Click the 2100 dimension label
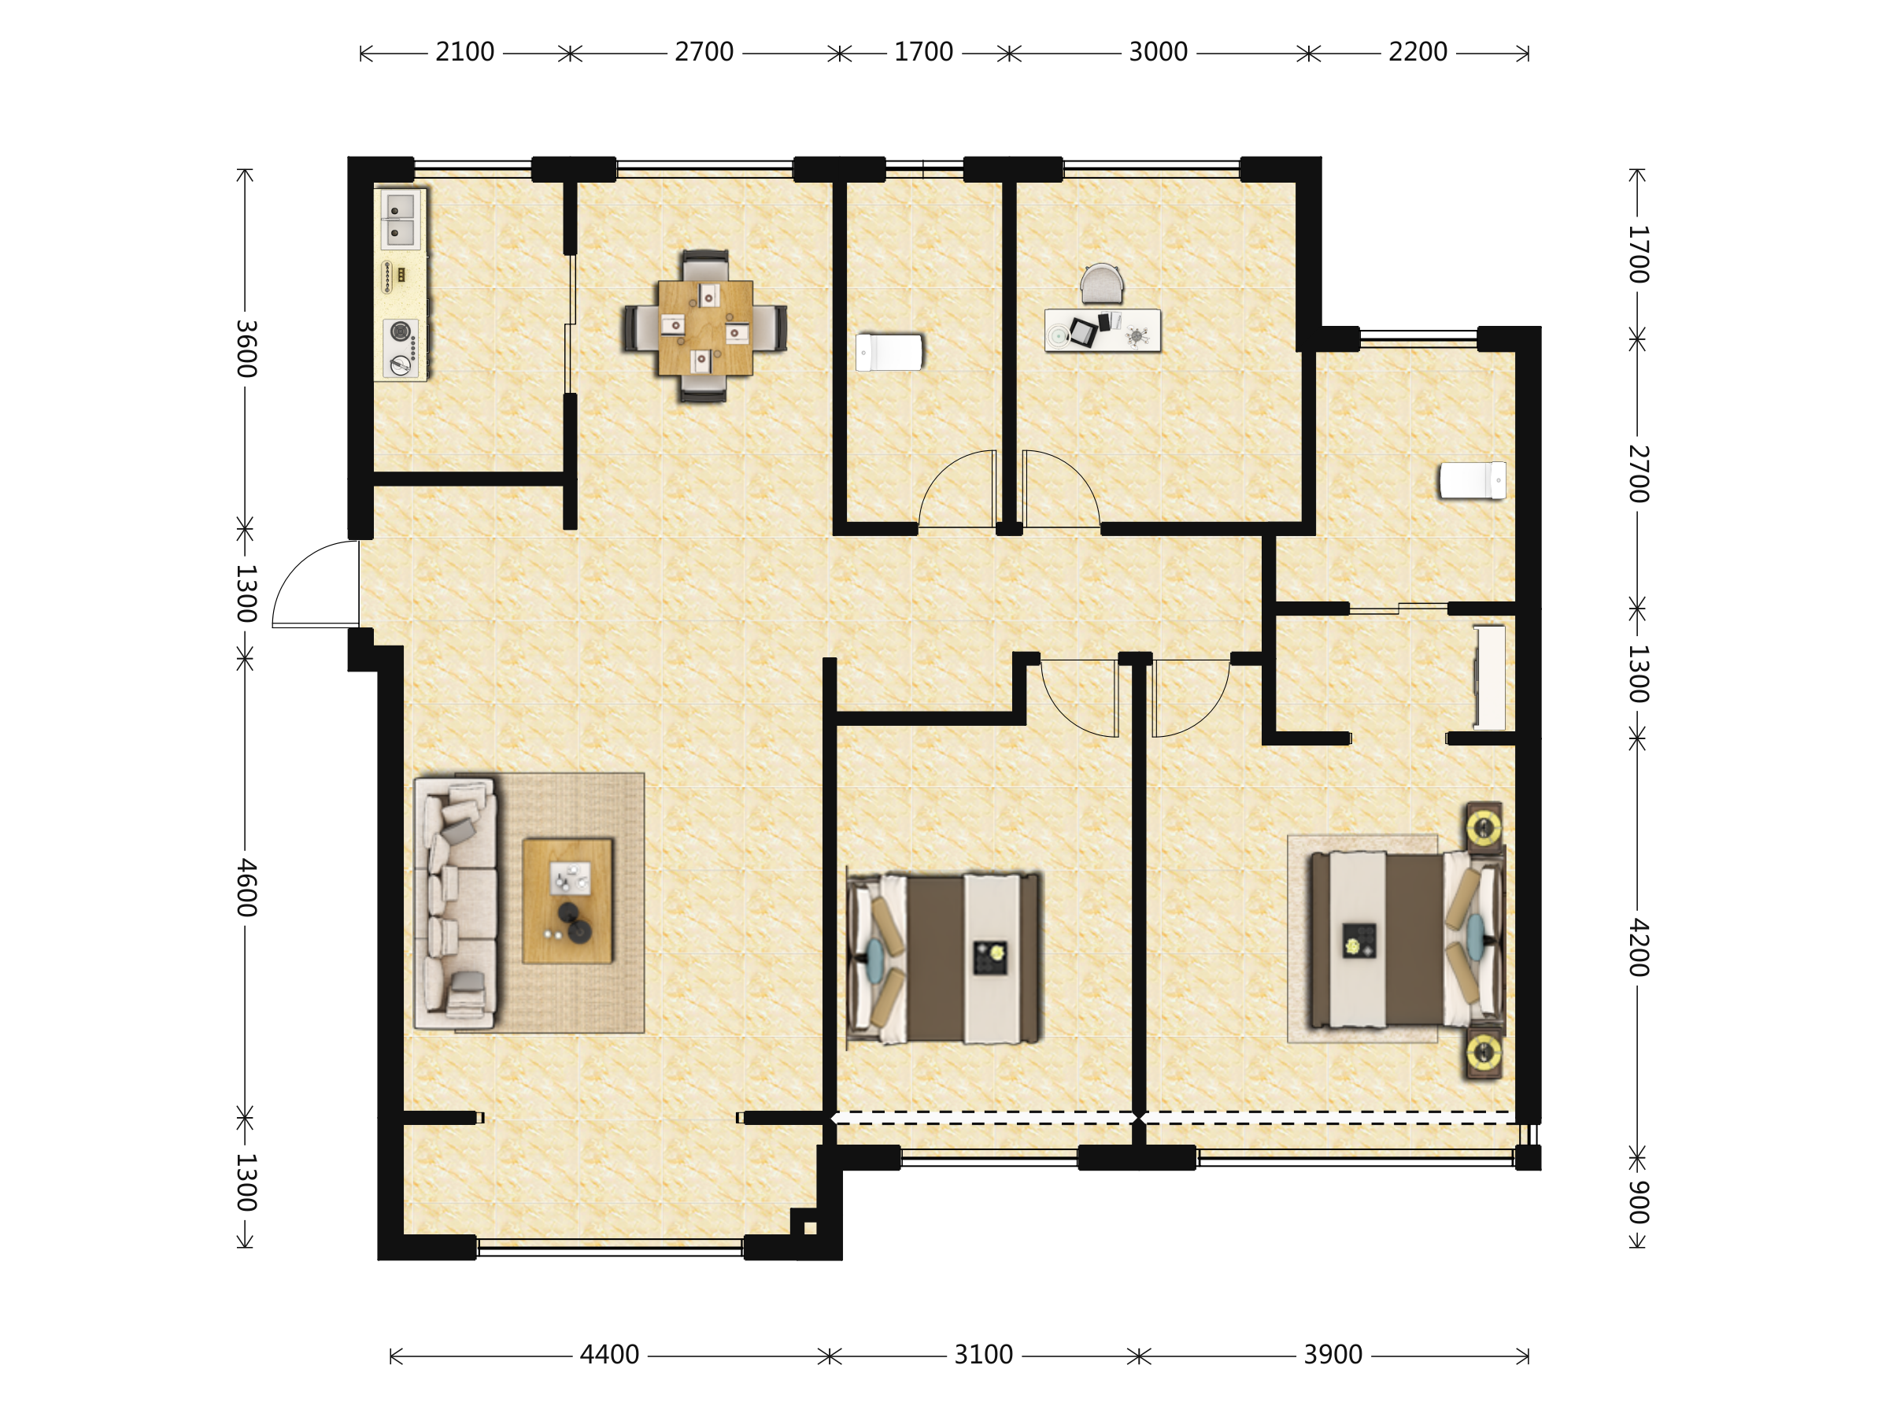tap(464, 52)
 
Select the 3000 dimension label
tap(1158, 52)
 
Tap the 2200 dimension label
tap(1418, 52)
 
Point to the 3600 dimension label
tap(246, 349)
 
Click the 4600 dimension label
tap(246, 887)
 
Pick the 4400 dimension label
tap(609, 1355)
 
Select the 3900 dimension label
tap(1333, 1355)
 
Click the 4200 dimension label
tap(1637, 947)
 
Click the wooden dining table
tap(705, 328)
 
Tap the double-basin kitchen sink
tap(400, 219)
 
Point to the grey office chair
tap(1102, 283)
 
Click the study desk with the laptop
tap(1103, 330)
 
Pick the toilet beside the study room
tap(889, 352)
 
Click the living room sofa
tap(455, 902)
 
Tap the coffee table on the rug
tap(568, 901)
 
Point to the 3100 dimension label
tap(983, 1355)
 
